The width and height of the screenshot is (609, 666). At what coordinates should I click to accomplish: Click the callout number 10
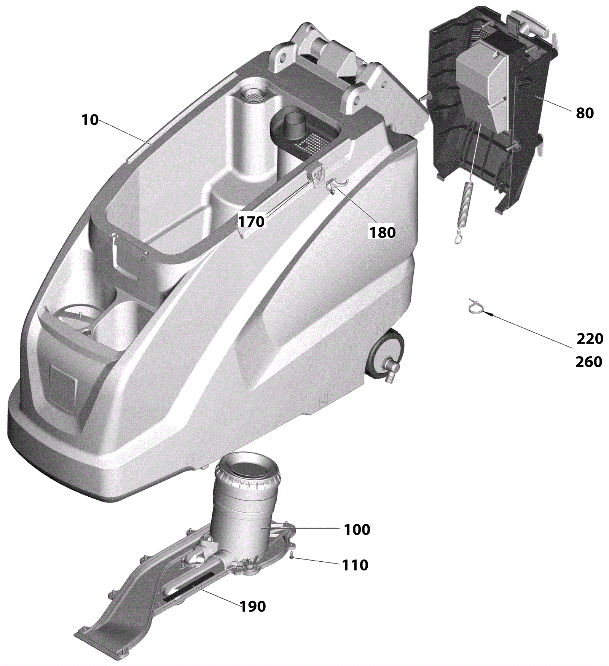(90, 120)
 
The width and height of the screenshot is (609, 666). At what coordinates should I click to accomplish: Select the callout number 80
(585, 113)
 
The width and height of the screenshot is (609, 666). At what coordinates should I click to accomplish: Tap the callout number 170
(251, 221)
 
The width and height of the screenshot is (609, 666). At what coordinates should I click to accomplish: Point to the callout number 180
(383, 233)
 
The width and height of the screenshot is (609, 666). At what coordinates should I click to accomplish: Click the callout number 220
(590, 339)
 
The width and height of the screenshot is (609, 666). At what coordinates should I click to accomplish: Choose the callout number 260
(588, 362)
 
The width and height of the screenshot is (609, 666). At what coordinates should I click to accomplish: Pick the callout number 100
(357, 529)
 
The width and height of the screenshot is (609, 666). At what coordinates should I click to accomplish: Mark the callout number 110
(355, 565)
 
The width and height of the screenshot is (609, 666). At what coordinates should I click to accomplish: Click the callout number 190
(253, 607)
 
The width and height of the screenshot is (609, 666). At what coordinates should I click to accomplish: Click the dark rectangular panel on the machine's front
(63, 386)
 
